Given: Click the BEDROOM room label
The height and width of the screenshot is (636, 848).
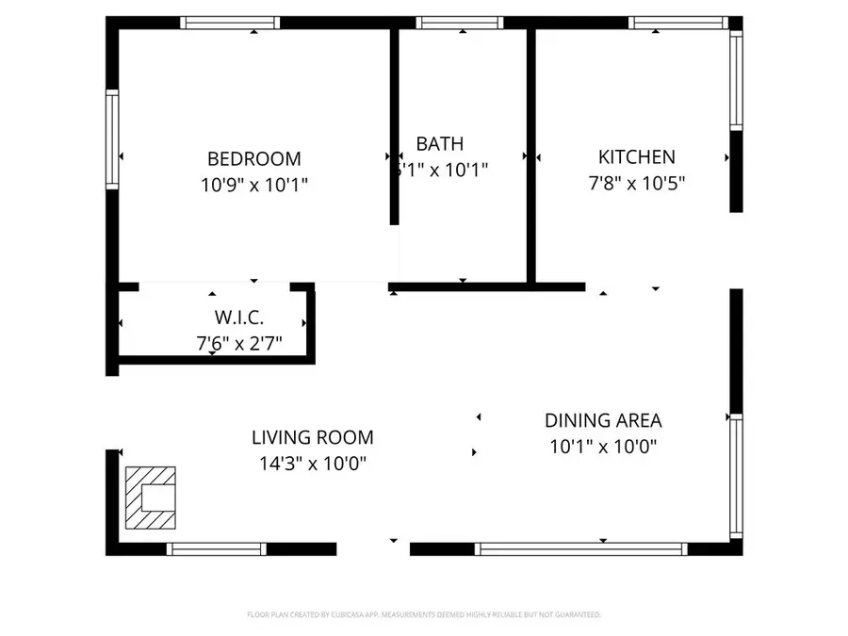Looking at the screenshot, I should [253, 158].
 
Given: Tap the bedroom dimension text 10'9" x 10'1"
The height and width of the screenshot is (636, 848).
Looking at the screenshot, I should [253, 186].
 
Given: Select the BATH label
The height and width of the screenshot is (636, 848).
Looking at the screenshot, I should [440, 144].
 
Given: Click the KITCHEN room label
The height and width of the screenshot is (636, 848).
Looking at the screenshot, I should [636, 157].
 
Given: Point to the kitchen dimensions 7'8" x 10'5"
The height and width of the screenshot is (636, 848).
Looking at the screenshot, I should [636, 183].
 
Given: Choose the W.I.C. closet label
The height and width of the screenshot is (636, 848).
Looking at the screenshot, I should [238, 318].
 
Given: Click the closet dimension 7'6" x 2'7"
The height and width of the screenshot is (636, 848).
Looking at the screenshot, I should [238, 344].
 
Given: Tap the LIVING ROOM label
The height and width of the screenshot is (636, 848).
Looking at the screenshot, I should [312, 437].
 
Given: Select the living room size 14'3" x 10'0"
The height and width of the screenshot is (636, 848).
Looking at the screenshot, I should [312, 464].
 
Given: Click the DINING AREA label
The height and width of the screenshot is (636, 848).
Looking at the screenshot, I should [603, 420].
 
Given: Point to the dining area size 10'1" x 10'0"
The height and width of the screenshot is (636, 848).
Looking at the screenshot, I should [603, 447].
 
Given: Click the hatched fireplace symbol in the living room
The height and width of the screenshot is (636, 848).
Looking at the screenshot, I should [151, 497].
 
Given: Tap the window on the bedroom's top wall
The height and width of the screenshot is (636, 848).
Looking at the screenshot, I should [230, 23].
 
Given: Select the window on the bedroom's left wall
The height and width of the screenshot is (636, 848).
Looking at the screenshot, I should [112, 139].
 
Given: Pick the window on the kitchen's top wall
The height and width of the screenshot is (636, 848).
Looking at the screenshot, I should [676, 23].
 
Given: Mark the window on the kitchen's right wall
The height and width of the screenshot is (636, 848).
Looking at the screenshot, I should [736, 79].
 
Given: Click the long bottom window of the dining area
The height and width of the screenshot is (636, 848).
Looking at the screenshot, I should [580, 548].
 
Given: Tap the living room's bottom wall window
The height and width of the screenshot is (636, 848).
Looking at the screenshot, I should [216, 548].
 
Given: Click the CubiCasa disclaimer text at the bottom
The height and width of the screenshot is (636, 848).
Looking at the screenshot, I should [423, 614].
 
